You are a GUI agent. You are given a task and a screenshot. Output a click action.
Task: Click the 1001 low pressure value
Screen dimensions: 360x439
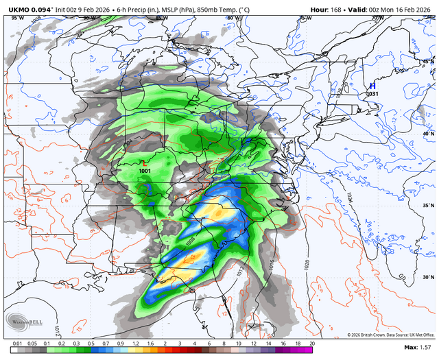tap(145, 171)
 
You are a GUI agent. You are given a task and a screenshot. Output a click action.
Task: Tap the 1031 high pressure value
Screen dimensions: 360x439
tap(372, 94)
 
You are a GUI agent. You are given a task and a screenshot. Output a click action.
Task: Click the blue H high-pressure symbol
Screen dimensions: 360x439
tap(371, 84)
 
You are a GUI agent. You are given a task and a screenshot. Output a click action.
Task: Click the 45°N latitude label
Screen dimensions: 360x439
tap(426, 62)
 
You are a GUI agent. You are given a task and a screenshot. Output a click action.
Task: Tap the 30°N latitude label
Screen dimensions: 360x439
tap(426, 277)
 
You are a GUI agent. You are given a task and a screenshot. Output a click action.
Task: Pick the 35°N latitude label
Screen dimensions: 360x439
tap(426, 206)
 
